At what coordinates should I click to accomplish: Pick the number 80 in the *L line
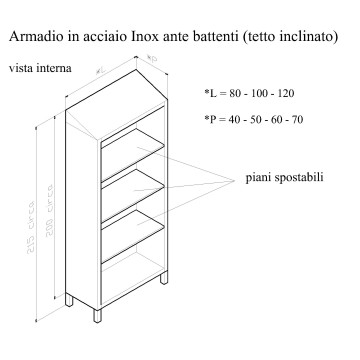coord(232,94)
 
